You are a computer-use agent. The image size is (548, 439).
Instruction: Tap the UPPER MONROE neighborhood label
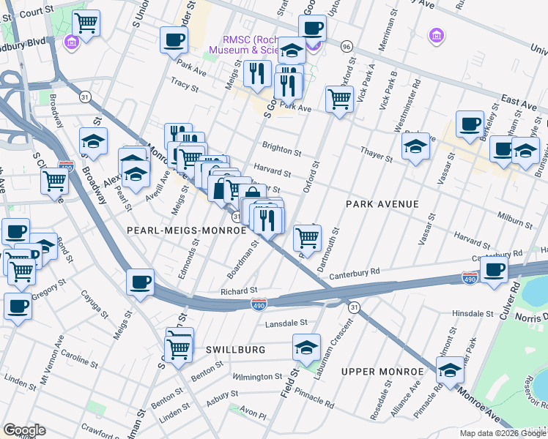(382, 372)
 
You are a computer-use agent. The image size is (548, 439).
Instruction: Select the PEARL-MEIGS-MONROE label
(186, 230)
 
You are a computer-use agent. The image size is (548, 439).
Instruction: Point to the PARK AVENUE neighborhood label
(382, 204)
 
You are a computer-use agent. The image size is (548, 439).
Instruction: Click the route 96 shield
(347, 46)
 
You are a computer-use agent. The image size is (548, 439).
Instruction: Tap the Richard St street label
(239, 290)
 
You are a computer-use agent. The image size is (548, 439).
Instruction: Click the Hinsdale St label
(474, 312)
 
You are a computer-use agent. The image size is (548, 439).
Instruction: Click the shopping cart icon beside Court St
(86, 24)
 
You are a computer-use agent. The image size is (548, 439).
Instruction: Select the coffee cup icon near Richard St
(140, 282)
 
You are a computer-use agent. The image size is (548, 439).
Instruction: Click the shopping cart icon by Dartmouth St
(307, 236)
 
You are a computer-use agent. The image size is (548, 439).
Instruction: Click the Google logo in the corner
(24, 430)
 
